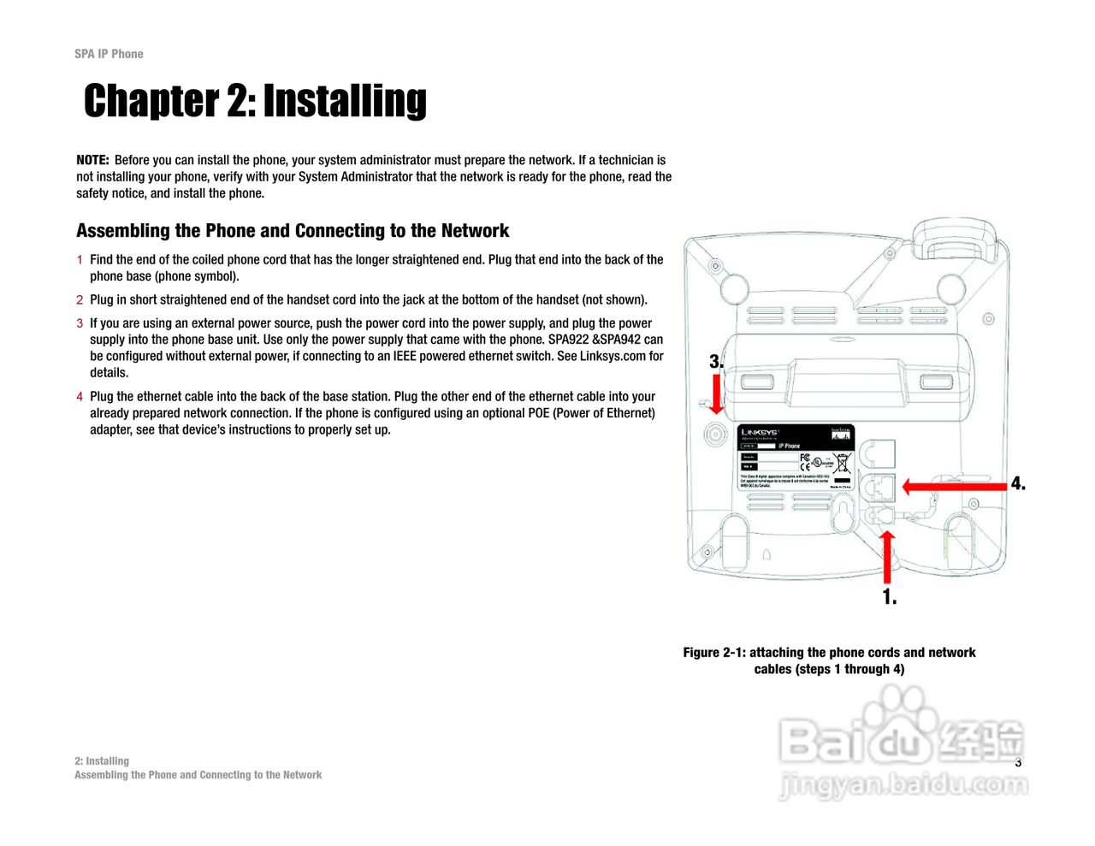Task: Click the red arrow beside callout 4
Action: coord(954,486)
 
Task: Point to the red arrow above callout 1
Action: coord(888,558)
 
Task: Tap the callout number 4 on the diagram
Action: coord(1018,484)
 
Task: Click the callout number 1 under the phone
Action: coord(890,597)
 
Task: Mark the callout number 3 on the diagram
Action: coord(716,362)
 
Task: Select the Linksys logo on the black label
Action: coord(760,433)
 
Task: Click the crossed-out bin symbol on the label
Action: coord(842,464)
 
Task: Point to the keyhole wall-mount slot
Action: coord(843,514)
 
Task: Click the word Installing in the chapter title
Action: coord(345,101)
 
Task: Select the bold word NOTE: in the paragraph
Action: coord(92,160)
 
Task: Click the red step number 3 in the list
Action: coord(80,323)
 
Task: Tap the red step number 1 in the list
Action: coord(80,260)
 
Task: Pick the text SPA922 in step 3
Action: coord(568,340)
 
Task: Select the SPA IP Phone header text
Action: coord(109,54)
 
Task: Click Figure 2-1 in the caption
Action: coord(713,653)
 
